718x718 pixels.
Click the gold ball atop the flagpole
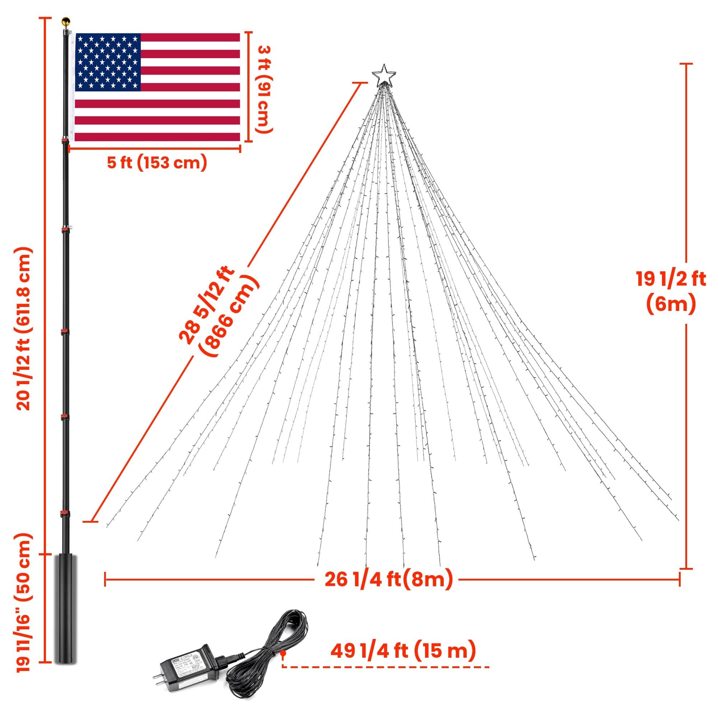[x=66, y=21]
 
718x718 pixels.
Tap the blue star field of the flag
[x=108, y=62]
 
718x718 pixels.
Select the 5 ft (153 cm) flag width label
[x=157, y=163]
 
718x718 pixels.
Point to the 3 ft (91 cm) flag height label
[x=265, y=89]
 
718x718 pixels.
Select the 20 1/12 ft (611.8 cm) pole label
[x=23, y=329]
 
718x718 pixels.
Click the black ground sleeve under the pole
[x=66, y=613]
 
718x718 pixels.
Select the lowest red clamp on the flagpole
[x=65, y=514]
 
